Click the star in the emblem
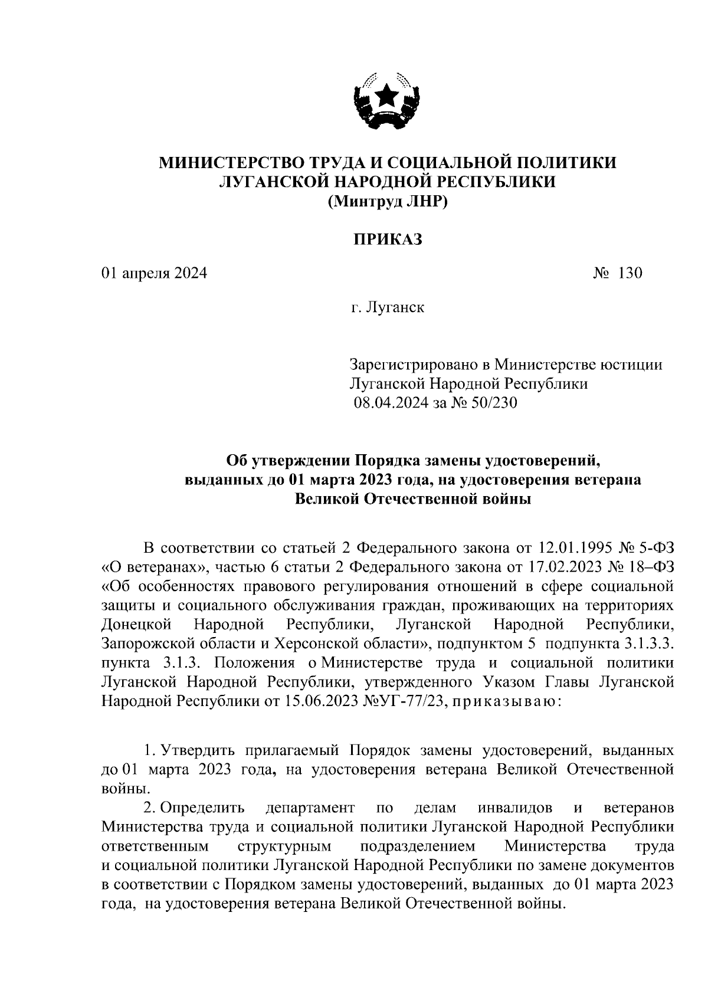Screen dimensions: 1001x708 pos(388,94)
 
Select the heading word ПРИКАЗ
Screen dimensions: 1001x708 pos(388,239)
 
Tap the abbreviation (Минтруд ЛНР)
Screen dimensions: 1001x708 pos(388,202)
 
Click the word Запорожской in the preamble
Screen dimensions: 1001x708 pos(146,644)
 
